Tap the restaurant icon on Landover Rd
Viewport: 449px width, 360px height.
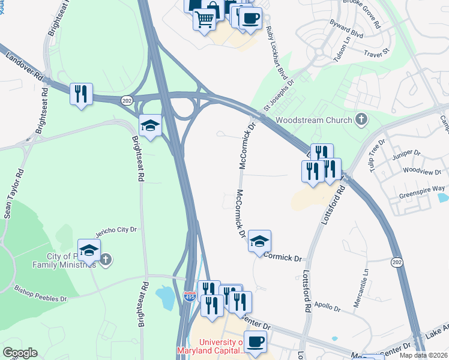point(81,94)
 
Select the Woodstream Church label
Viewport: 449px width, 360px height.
point(313,119)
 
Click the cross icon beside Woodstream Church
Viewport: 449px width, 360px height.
point(361,119)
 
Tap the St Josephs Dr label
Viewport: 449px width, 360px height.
point(279,95)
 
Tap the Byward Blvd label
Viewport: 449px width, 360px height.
point(346,29)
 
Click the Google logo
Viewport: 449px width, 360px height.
point(20,353)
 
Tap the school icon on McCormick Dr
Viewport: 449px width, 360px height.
point(259,241)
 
